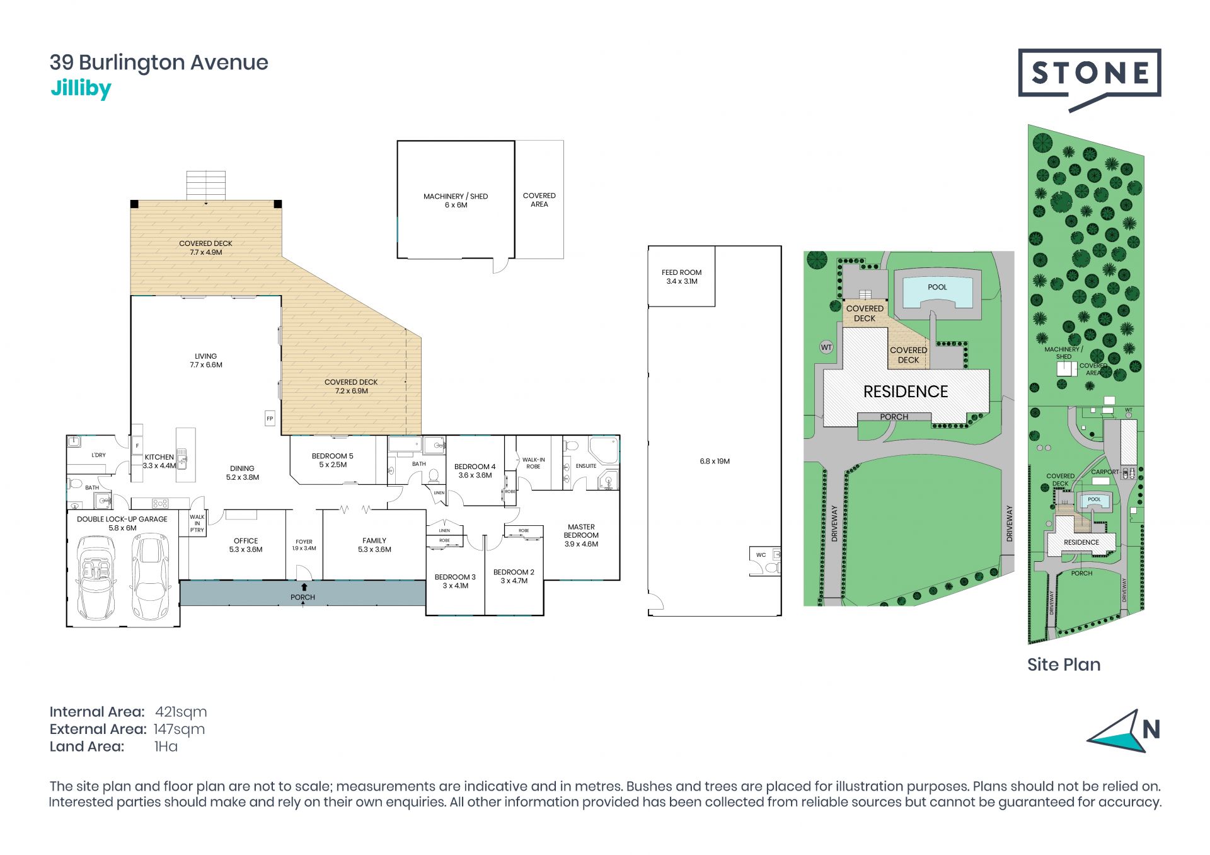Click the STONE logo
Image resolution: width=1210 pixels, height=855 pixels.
coord(1090,79)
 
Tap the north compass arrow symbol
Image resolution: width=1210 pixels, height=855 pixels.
coord(1117,731)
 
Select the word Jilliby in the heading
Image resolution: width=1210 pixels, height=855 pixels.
coord(81,90)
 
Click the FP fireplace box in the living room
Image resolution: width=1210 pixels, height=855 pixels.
coord(270,418)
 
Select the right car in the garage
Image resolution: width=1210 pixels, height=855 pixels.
coord(150,577)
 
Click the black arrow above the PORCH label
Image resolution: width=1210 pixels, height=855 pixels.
coord(304,587)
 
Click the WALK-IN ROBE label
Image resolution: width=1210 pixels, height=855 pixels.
coord(533,463)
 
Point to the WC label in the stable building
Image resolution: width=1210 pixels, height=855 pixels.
coord(761,555)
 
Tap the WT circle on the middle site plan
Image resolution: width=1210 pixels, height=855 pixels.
coord(826,347)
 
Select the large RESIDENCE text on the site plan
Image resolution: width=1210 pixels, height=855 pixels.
coord(906,392)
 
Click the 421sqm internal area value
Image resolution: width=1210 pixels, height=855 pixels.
coord(181,712)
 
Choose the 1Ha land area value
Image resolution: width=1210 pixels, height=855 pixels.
coord(166,747)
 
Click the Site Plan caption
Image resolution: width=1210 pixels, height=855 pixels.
coord(1064,665)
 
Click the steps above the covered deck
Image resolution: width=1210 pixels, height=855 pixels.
coord(205,185)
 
